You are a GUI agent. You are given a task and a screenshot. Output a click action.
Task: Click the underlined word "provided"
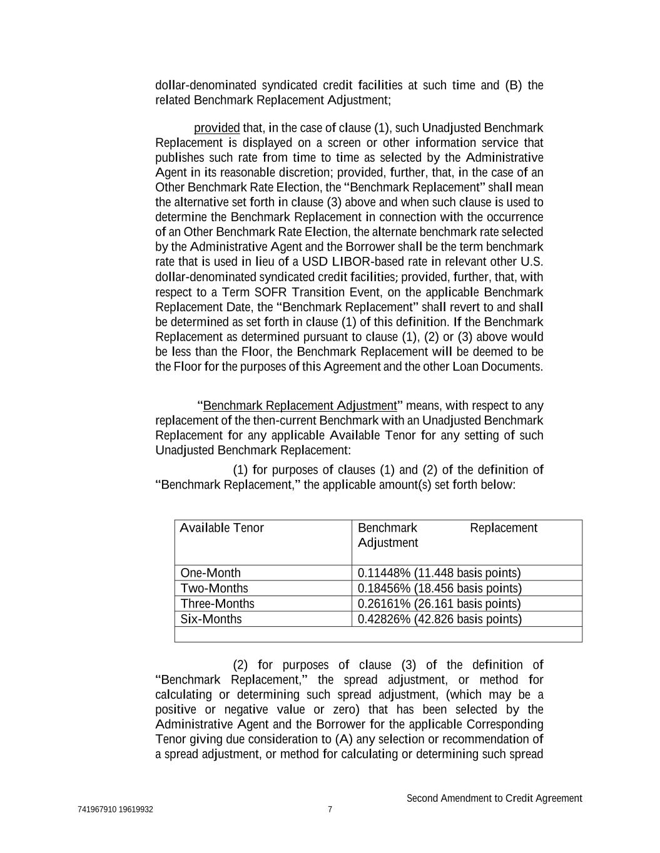(x=216, y=128)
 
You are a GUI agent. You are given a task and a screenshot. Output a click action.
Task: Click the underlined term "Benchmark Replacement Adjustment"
(x=300, y=406)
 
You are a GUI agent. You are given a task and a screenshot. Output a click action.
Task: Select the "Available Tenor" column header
(x=222, y=528)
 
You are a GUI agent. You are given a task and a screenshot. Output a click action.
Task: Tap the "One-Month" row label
(x=210, y=573)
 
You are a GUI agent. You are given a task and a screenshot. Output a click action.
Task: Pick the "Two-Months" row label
(x=214, y=589)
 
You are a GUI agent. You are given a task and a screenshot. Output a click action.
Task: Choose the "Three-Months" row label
(x=217, y=604)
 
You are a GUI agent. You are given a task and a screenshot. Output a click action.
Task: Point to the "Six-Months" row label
(x=211, y=619)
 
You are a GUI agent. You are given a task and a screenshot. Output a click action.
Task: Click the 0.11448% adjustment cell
(x=439, y=573)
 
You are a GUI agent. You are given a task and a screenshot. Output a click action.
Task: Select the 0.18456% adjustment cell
(x=439, y=589)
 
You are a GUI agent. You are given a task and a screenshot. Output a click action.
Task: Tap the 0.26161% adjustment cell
(x=439, y=604)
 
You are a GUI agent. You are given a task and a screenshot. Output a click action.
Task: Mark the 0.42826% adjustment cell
(x=439, y=619)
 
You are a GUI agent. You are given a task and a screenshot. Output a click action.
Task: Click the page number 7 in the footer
(x=330, y=810)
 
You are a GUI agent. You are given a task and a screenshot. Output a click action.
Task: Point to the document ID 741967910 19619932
(x=116, y=810)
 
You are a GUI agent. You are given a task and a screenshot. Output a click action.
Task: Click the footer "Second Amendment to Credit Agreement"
(x=494, y=798)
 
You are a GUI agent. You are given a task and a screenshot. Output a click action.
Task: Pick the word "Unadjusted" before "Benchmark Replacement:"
(x=183, y=451)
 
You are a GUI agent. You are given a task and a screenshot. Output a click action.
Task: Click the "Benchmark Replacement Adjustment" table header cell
(x=447, y=536)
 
